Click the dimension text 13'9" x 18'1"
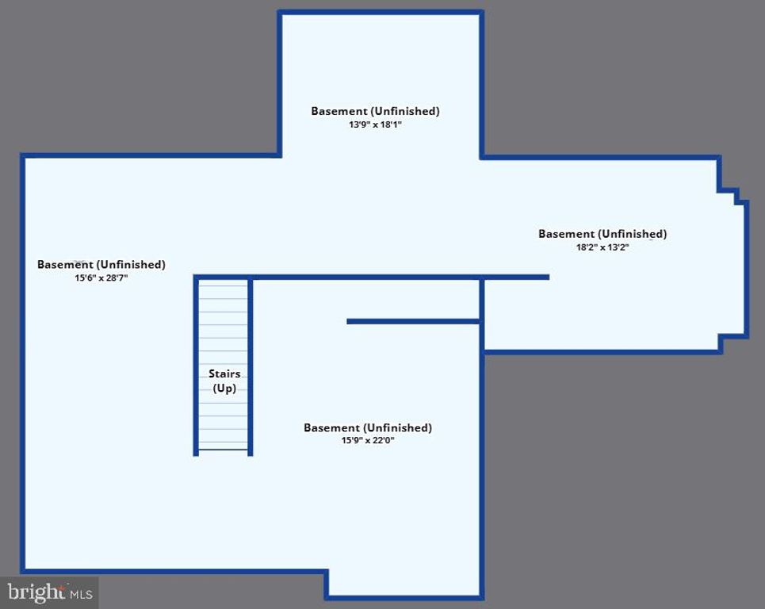(375, 124)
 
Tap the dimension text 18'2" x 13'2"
(602, 247)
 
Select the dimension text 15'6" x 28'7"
(101, 278)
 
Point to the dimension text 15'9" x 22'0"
(368, 441)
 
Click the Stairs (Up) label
(224, 381)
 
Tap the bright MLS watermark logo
(50, 592)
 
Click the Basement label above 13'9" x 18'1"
(375, 111)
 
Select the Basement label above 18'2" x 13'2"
(602, 234)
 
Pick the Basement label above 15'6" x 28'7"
(101, 265)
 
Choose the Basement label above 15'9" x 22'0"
(368, 427)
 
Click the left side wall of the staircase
(196, 365)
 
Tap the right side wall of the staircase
(251, 365)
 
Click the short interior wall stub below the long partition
(413, 321)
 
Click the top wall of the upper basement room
(381, 13)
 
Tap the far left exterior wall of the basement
(23, 365)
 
